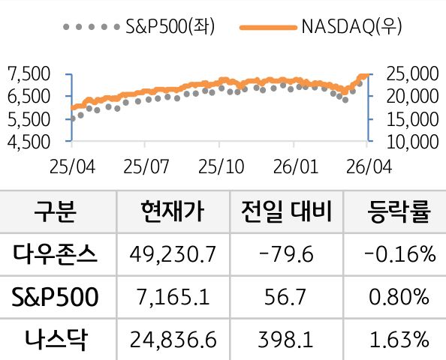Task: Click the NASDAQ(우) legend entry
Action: (x=322, y=28)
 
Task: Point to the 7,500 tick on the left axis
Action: (x=27, y=73)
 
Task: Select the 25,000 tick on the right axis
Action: (x=411, y=73)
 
